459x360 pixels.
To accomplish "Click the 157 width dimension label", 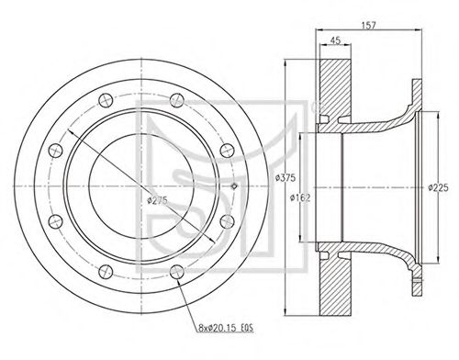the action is [368, 25].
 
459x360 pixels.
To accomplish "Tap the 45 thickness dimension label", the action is [335, 40].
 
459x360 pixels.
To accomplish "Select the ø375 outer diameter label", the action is [285, 177].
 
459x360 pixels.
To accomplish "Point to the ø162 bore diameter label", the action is [300, 198].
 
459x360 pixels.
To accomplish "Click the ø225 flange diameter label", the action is [438, 187].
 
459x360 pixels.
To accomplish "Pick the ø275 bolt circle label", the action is [157, 200].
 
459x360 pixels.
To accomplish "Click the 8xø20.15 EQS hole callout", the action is [226, 328].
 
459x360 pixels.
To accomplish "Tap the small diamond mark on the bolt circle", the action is [234, 186].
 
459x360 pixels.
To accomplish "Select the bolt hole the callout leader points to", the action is [177, 272].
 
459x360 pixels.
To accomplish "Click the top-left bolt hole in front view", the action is [106, 100].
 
